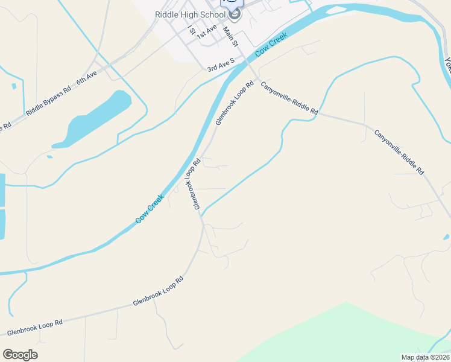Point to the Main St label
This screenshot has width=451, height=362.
pyautogui.click(x=231, y=37)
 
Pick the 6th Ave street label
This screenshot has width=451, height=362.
pyautogui.click(x=87, y=78)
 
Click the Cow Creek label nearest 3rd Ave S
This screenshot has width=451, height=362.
pyautogui.click(x=271, y=45)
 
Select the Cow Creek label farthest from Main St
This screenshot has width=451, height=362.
pyautogui.click(x=150, y=208)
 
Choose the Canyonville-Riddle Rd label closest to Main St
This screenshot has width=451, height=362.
pyautogui.click(x=289, y=98)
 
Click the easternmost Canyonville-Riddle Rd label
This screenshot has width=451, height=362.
pyautogui.click(x=399, y=152)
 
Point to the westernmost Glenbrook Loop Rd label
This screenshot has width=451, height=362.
pyautogui.click(x=34, y=328)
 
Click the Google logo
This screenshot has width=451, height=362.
pyautogui.click(x=20, y=355)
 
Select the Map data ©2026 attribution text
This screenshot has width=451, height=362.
pyautogui.click(x=425, y=357)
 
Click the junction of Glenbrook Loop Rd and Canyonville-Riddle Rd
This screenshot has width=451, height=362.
pyautogui.click(x=256, y=78)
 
